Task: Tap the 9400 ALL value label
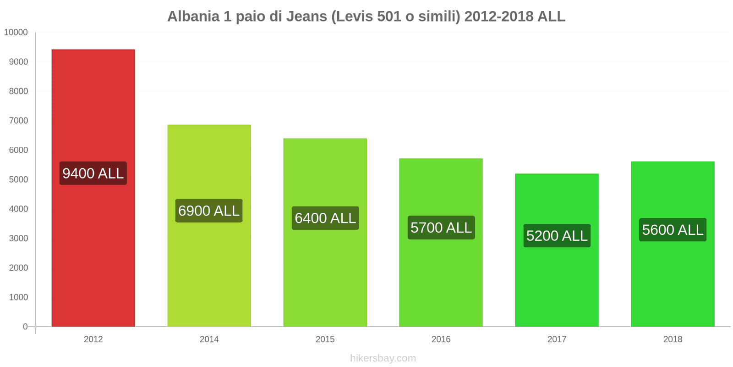[93, 173]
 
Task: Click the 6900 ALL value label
[209, 211]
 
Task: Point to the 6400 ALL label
[325, 218]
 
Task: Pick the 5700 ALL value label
[441, 228]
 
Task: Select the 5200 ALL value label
[557, 236]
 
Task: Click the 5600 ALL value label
[673, 230]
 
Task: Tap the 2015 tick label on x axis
[325, 339]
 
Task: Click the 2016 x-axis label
[441, 339]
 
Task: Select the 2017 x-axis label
[557, 339]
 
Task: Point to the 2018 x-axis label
[673, 339]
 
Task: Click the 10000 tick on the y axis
[16, 33]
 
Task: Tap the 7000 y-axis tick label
[18, 121]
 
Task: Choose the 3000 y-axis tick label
[18, 239]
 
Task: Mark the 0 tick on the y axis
[25, 327]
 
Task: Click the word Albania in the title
[193, 17]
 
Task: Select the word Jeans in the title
[306, 17]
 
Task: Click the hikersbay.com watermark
[383, 358]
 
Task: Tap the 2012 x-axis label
[93, 339]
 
